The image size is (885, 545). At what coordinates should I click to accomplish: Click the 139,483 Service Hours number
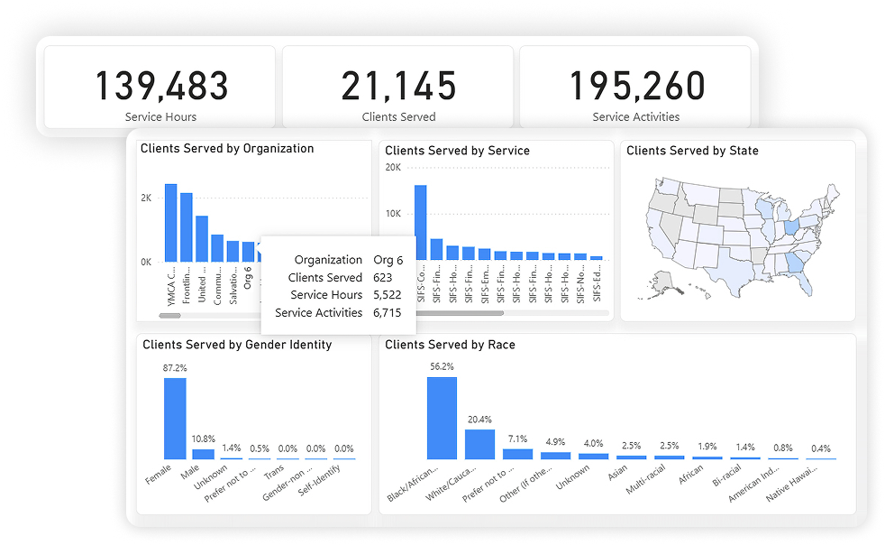tap(161, 87)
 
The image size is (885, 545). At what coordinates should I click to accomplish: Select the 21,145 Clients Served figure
tap(398, 87)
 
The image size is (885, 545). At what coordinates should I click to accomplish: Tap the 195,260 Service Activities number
tap(636, 87)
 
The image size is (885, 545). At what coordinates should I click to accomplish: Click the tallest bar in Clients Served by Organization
tap(170, 223)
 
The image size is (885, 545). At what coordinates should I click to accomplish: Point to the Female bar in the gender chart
tap(175, 419)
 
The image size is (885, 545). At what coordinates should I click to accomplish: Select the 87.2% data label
tap(175, 368)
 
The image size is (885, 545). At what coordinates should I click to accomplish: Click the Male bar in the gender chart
tap(204, 454)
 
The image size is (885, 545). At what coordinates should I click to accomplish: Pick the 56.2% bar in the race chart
tap(442, 418)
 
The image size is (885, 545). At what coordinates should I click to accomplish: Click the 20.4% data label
tap(479, 420)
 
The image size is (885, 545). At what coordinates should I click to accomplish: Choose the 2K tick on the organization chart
tap(146, 198)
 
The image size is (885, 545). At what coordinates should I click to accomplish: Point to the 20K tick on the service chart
tap(393, 167)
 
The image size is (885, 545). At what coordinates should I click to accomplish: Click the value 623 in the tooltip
tap(383, 278)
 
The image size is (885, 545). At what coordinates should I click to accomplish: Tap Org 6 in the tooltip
tap(388, 260)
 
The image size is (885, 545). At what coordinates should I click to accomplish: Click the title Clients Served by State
tap(692, 151)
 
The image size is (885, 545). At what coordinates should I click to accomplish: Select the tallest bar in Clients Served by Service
tap(420, 222)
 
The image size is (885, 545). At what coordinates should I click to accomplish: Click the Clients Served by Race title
tap(450, 345)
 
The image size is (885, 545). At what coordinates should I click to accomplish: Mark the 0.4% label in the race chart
tap(820, 448)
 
